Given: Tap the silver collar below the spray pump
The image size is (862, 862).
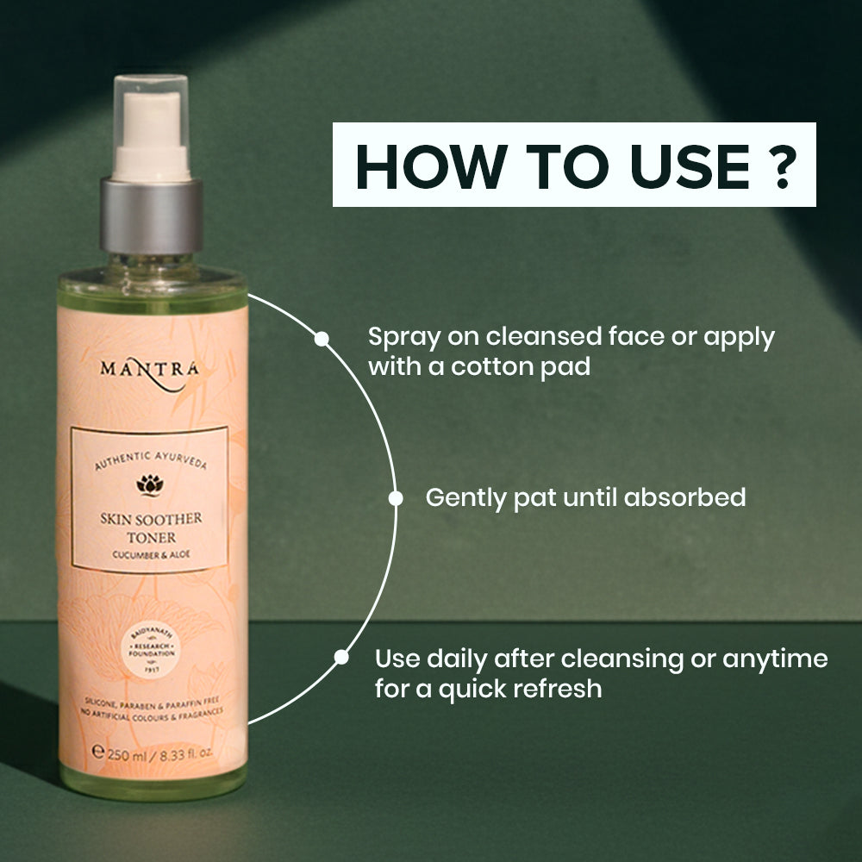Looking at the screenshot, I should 152,215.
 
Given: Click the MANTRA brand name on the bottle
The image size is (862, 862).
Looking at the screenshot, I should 149,369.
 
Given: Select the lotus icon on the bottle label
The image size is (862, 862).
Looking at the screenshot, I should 149,485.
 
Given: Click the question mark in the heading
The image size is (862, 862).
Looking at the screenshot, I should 784,166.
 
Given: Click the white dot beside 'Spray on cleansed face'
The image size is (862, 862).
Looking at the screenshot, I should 322,339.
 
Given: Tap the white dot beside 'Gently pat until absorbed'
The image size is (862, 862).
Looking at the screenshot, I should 396,497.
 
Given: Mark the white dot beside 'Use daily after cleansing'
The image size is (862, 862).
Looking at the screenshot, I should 341,658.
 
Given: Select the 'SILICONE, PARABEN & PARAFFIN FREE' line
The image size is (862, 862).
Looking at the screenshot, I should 150,703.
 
